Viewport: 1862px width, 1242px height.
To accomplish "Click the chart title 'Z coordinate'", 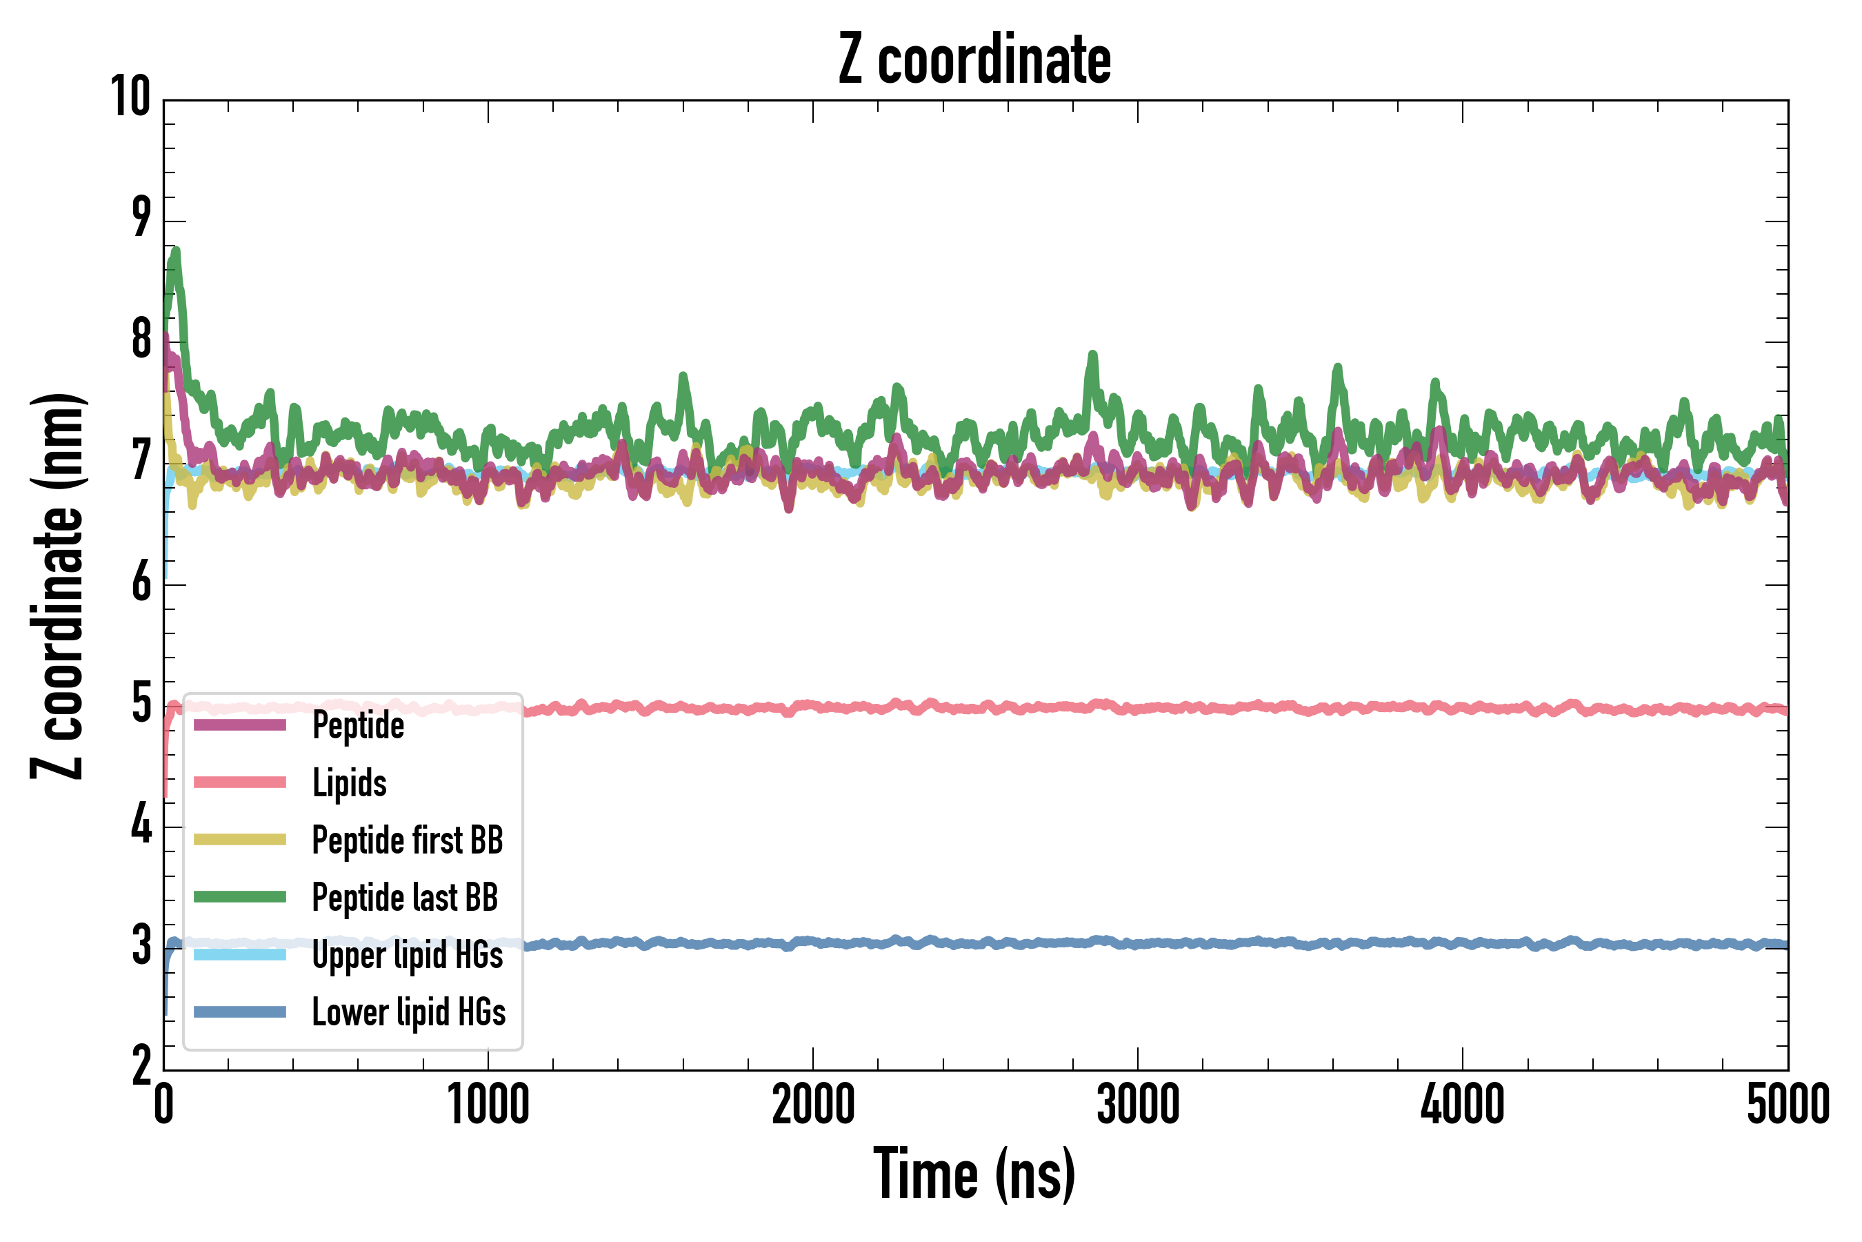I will pyautogui.click(x=974, y=60).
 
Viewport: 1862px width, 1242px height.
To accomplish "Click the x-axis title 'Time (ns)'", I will pyautogui.click(x=974, y=1174).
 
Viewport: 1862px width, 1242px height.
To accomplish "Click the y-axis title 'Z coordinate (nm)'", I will pyautogui.click(x=57, y=586).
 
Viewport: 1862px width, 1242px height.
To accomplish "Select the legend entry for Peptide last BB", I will pyautogui.click(x=405, y=898).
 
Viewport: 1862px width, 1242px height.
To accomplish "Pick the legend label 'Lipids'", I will pyautogui.click(x=349, y=782).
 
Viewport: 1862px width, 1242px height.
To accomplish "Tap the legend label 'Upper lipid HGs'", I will pyautogui.click(x=407, y=954).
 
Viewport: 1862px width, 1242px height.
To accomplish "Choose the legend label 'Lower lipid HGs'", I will pyautogui.click(x=408, y=1012).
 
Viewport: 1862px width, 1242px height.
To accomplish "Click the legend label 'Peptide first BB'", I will pyautogui.click(x=407, y=840).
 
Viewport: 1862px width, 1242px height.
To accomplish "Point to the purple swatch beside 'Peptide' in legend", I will pyautogui.click(x=240, y=724).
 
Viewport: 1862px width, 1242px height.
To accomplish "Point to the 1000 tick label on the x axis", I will pyautogui.click(x=488, y=1105).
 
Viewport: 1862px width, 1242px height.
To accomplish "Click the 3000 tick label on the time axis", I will pyautogui.click(x=1138, y=1105).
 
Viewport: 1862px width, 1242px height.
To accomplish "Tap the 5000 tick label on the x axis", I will pyautogui.click(x=1788, y=1105).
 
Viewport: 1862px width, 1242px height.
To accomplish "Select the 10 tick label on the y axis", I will pyautogui.click(x=130, y=97).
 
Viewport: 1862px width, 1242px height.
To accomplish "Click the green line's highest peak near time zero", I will pyautogui.click(x=176, y=252).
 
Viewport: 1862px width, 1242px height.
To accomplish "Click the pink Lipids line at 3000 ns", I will pyautogui.click(x=1138, y=708).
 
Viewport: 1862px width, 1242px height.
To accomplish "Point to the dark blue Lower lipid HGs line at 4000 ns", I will pyautogui.click(x=1462, y=943).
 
